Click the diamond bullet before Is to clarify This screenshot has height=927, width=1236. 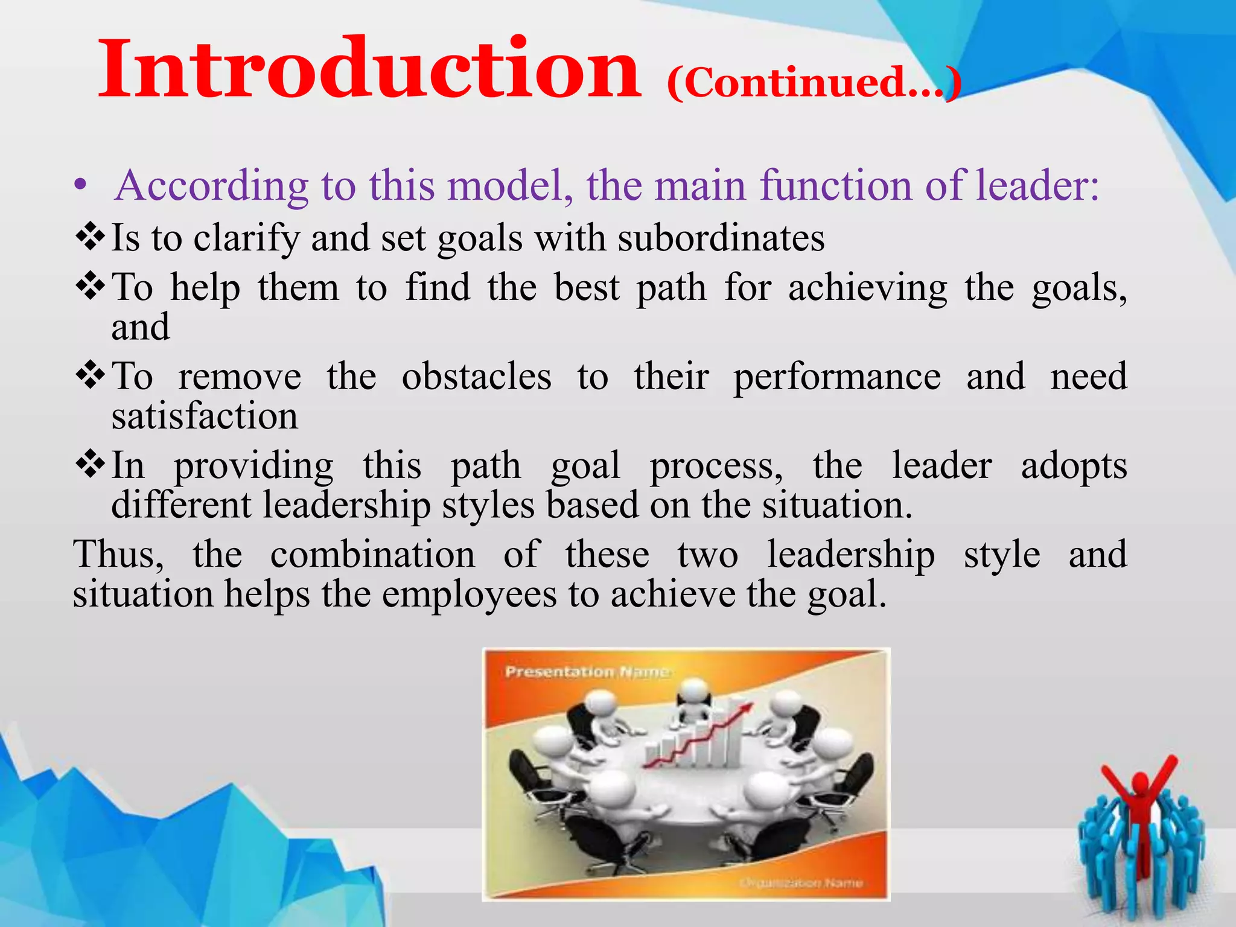[91, 237]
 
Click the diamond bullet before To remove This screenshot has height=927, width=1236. [91, 375]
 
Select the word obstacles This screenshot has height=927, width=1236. [476, 377]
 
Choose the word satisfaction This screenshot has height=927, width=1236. [205, 416]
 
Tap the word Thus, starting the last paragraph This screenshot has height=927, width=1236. [118, 555]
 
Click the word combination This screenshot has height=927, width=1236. [372, 555]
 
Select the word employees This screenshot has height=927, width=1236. [469, 595]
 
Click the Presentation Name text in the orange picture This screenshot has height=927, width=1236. [587, 672]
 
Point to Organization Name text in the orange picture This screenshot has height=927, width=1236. [801, 883]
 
